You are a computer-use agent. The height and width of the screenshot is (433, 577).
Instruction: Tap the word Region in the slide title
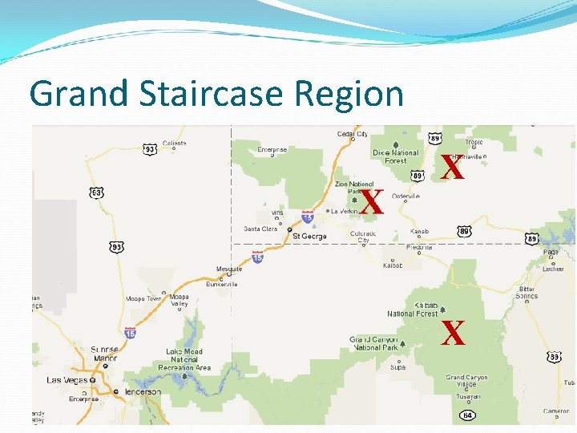(349, 94)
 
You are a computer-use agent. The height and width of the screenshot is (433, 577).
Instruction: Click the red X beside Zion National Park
(371, 203)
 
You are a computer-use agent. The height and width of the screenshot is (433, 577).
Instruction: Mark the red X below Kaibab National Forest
(454, 333)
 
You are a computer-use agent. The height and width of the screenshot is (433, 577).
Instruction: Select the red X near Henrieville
(453, 168)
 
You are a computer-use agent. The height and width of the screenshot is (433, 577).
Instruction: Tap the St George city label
(309, 237)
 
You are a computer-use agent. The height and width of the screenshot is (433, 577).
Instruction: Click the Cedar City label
(352, 134)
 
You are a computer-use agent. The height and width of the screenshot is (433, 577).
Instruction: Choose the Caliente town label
(174, 144)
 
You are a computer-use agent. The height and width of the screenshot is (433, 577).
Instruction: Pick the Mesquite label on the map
(228, 269)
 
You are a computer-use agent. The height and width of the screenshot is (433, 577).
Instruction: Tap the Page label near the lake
(551, 252)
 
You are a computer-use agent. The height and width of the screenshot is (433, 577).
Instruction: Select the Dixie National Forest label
(395, 156)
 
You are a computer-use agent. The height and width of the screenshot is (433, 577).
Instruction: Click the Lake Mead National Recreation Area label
(184, 359)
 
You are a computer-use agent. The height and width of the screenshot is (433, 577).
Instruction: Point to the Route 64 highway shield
(466, 415)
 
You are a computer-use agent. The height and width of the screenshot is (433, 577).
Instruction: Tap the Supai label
(397, 368)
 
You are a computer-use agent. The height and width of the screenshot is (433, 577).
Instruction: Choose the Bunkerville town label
(221, 284)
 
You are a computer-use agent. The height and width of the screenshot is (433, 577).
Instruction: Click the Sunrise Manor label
(104, 354)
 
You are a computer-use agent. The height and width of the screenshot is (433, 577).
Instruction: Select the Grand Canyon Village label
(466, 380)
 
